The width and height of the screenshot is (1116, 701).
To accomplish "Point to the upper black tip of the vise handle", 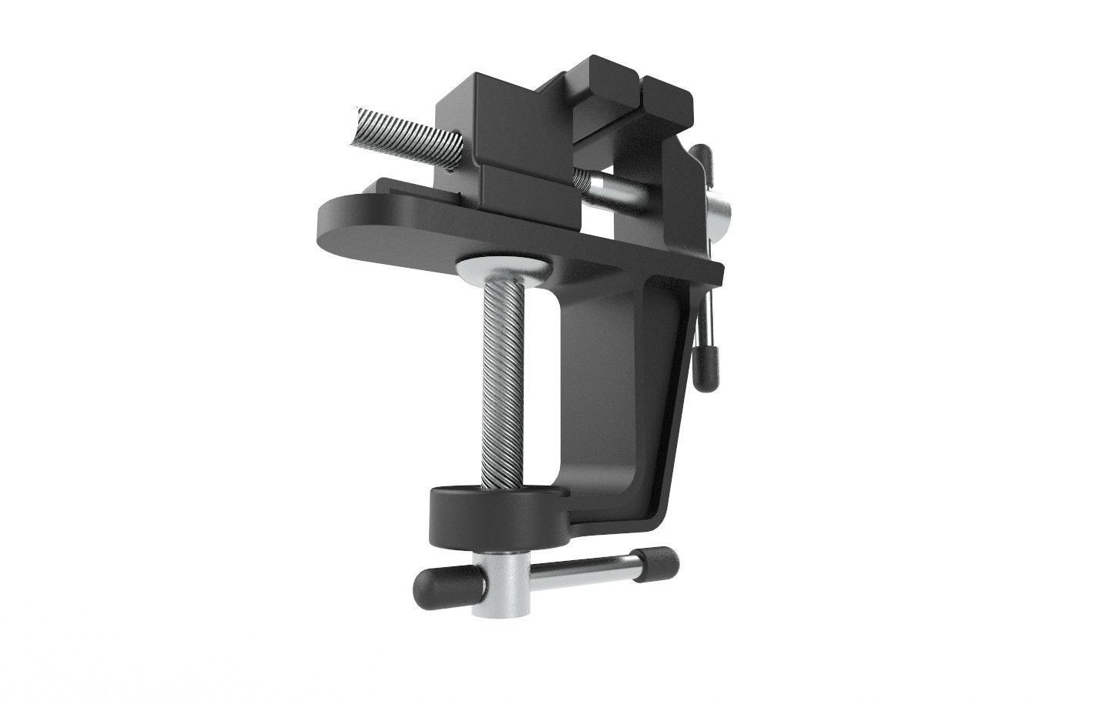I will coord(702,155).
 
